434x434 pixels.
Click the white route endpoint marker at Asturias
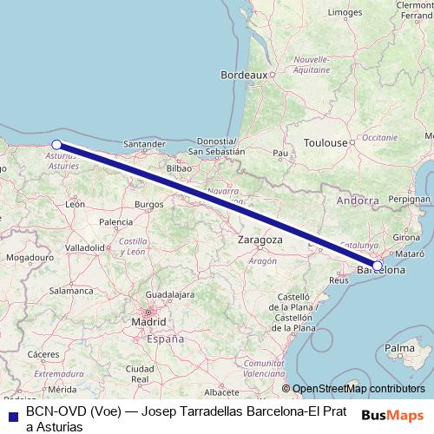coord(56,145)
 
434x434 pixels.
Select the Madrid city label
coord(148,323)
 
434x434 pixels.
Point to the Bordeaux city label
coord(244,76)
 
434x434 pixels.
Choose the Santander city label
coord(145,143)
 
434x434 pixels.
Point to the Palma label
coord(399,348)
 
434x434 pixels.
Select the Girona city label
coord(407,237)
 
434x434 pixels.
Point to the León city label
coord(75,205)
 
